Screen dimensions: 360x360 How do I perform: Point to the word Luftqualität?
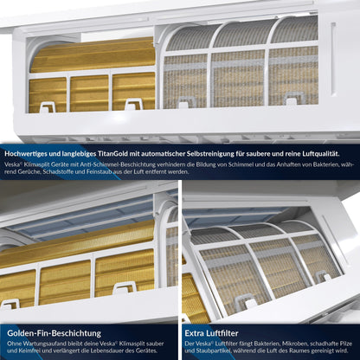pos(322,154)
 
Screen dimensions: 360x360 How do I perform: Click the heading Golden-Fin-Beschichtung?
pos(54,333)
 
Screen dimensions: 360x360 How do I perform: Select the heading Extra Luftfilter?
pos(211,333)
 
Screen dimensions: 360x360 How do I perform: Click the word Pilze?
pos(345,344)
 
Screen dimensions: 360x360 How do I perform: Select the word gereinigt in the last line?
pos(325,351)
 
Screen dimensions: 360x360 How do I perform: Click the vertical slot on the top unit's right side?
pos(333,59)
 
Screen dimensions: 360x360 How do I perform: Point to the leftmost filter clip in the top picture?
pos(47,106)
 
